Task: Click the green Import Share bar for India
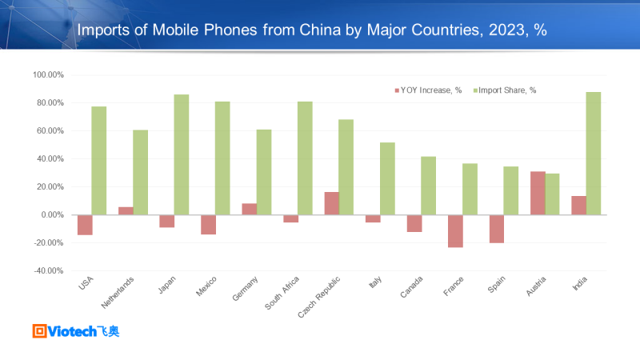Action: [594, 154]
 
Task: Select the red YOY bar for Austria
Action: [538, 193]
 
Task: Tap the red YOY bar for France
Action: [455, 231]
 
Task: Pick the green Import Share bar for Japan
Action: [182, 154]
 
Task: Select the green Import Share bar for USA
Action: [99, 161]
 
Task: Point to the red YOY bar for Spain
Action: [496, 229]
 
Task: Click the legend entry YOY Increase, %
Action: [432, 90]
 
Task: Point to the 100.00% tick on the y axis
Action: [48, 75]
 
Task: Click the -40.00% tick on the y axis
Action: [48, 271]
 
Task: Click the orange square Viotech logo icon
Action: [39, 330]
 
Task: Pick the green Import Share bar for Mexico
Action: [223, 158]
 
